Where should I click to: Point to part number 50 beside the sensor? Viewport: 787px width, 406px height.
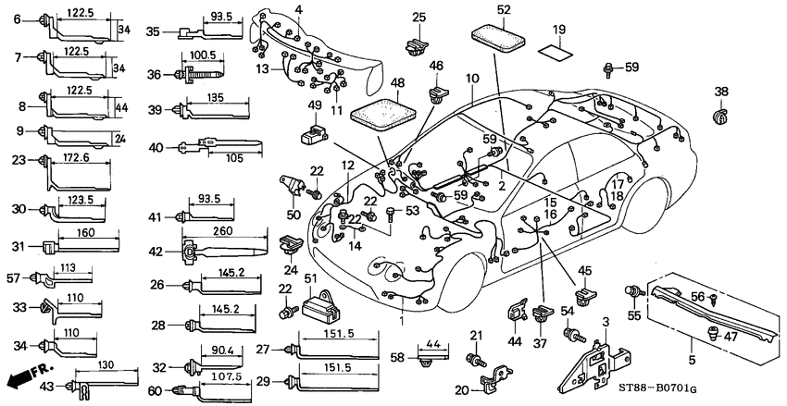(294, 215)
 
